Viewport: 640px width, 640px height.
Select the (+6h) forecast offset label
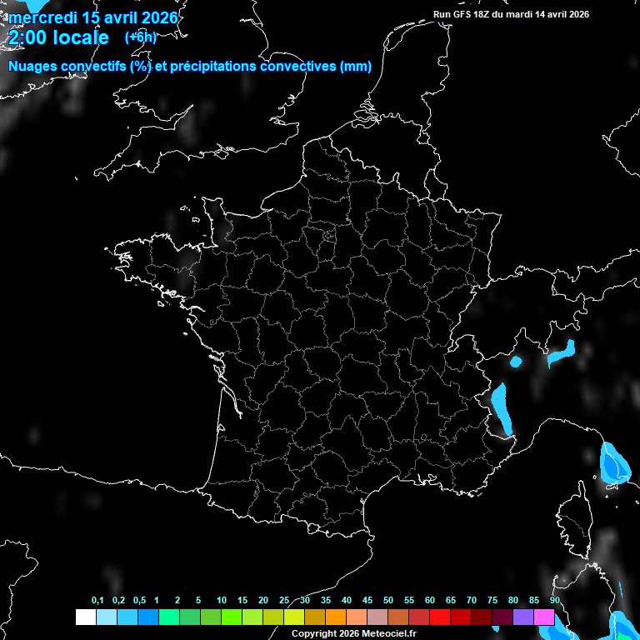[140, 37]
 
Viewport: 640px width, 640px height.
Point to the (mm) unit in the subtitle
[356, 67]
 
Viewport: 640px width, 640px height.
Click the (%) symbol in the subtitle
[140, 67]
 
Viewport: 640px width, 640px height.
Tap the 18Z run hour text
[487, 14]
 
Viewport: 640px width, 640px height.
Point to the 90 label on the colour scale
[555, 600]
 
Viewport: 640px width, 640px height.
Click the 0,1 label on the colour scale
[97, 600]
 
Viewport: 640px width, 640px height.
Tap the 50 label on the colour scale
[388, 600]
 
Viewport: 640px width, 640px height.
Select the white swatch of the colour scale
[85, 617]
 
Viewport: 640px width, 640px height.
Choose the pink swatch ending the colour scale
[544, 617]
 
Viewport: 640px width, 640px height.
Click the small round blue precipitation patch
[515, 362]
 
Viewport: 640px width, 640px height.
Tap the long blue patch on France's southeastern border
[501, 407]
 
